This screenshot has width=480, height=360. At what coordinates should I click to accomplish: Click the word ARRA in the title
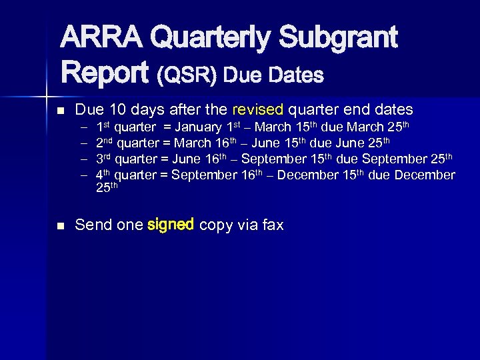click(102, 39)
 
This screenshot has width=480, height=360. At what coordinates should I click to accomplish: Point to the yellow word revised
click(258, 109)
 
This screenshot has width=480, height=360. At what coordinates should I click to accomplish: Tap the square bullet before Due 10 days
click(61, 110)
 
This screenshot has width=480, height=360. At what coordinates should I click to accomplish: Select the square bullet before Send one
click(61, 226)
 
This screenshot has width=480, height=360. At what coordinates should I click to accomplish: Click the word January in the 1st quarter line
click(198, 127)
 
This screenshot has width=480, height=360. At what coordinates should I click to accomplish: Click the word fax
click(273, 225)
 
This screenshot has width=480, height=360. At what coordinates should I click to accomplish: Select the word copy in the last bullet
click(217, 226)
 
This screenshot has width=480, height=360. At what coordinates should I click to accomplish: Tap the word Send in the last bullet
click(91, 225)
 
